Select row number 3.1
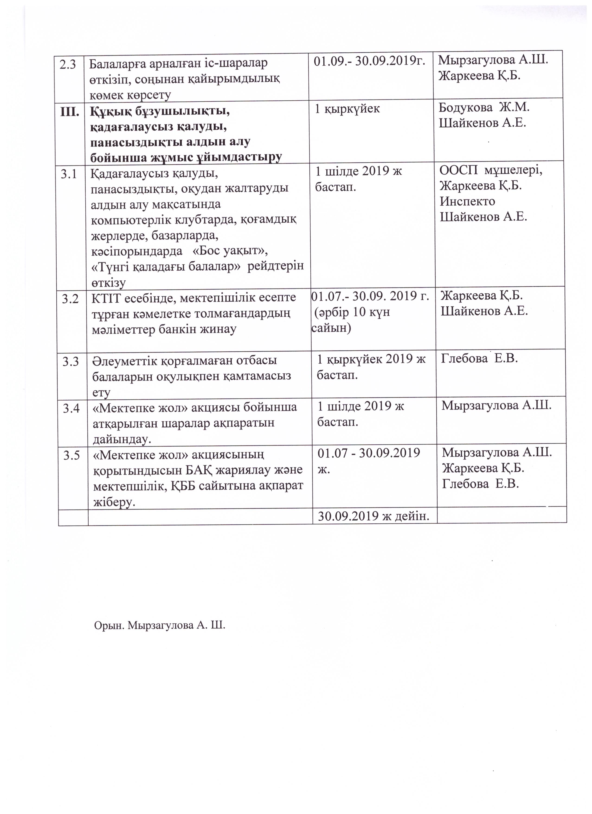[69, 174]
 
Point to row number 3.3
[71, 361]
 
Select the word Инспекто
[467, 201]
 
